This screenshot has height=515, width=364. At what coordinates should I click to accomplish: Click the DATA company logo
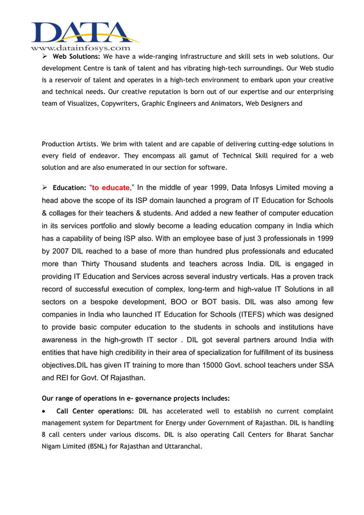point(84,32)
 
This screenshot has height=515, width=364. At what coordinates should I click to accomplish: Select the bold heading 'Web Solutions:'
point(76,57)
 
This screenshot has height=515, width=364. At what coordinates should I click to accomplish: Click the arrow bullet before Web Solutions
point(45,57)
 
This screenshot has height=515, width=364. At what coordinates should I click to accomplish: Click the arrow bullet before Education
point(45,187)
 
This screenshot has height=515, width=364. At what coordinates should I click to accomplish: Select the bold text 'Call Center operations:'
point(95,411)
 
